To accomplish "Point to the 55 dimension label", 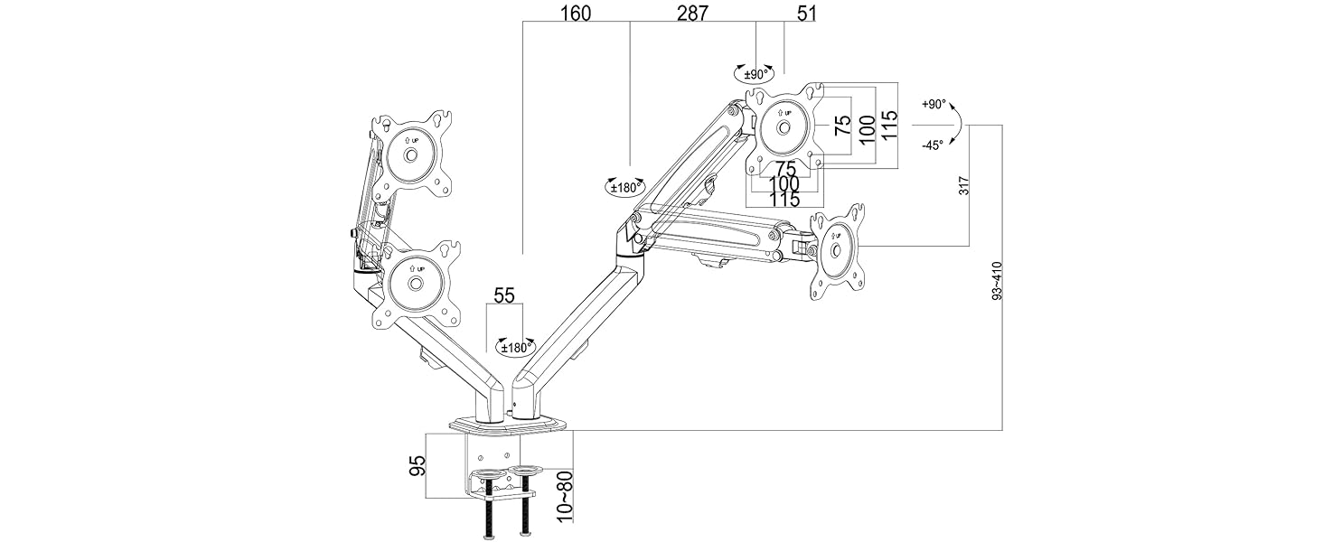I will (504, 296).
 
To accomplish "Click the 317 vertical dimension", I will (964, 187).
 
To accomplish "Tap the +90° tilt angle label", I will (934, 105).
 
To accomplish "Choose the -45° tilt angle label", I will (934, 145).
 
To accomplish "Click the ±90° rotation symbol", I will (753, 73).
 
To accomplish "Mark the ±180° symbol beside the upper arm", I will (624, 187).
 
